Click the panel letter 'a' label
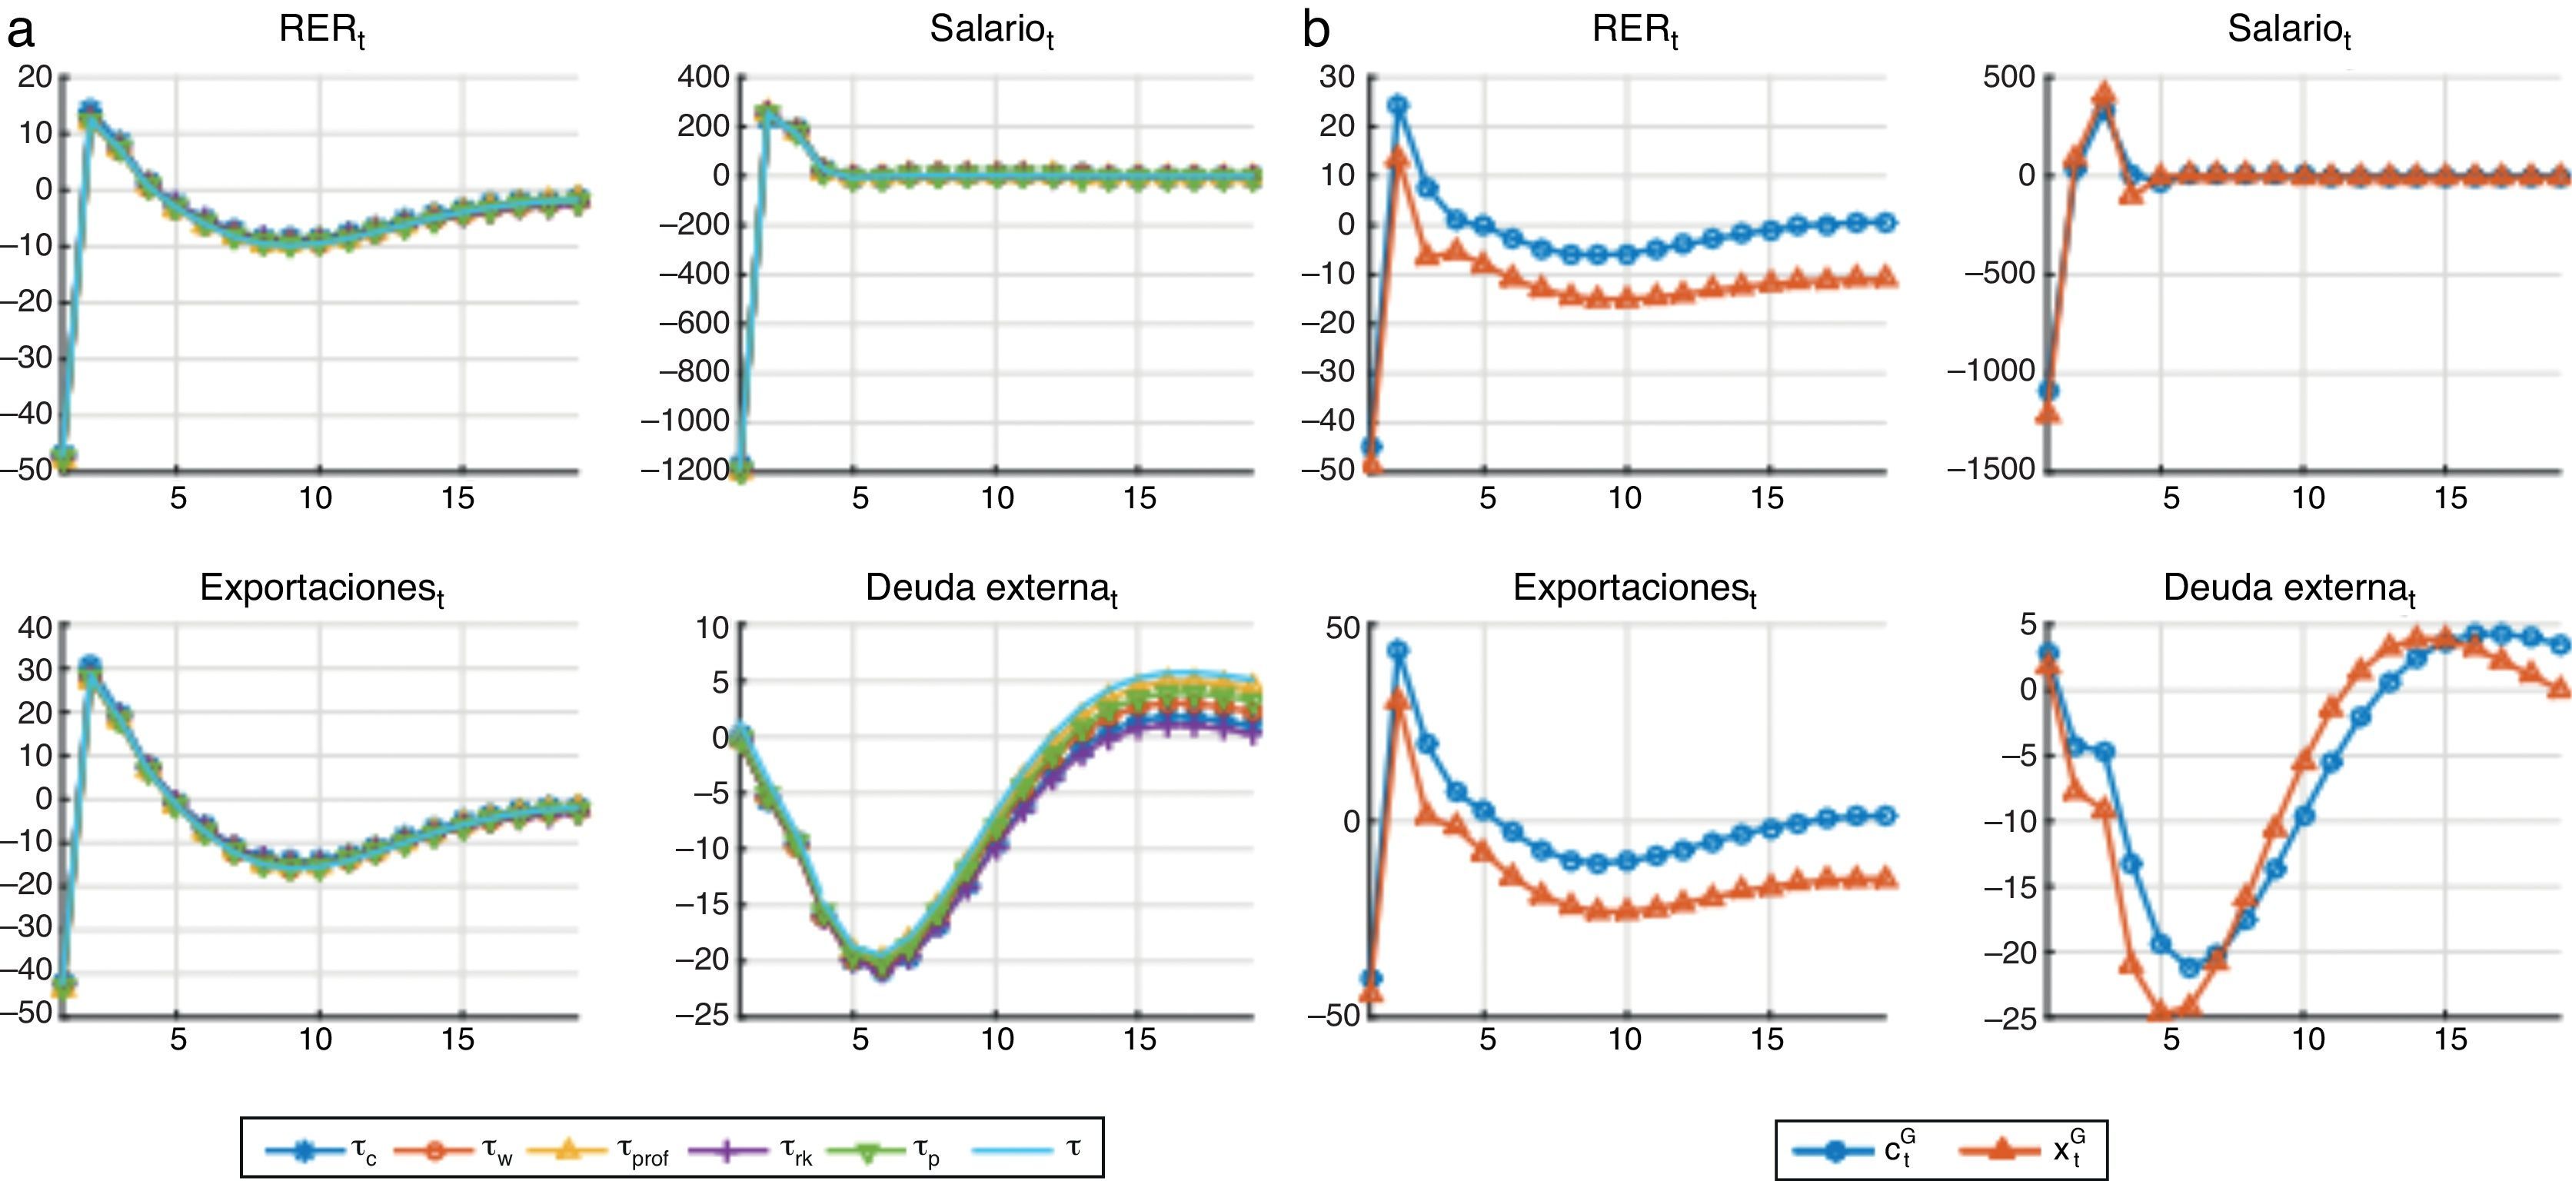pos(20,32)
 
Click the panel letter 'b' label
pos(1316,32)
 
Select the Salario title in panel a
pos(991,30)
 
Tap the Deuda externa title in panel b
pos(2288,588)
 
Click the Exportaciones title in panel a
pos(321,588)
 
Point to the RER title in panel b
pos(1635,30)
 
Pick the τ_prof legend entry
pos(598,1150)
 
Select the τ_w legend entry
pos(454,1150)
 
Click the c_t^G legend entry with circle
pos(1857,1150)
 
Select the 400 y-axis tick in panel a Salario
pos(704,77)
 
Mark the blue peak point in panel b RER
pos(1399,105)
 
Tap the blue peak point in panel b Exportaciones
pos(1399,650)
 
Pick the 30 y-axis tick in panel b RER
pos(1337,77)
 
